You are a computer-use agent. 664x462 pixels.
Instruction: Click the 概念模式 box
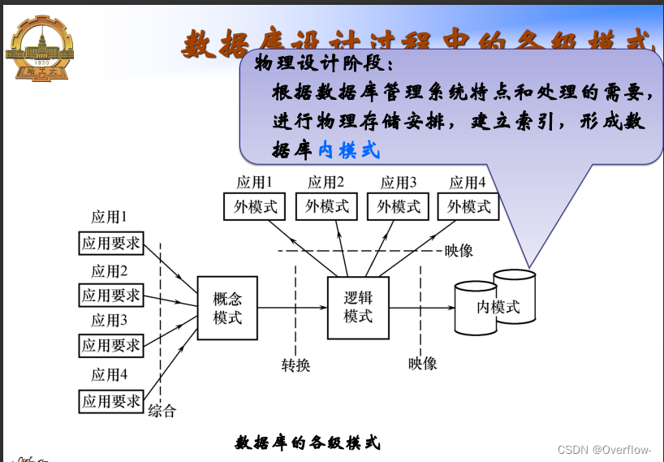pos(227,308)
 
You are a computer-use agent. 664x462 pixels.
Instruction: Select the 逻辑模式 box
pos(357,308)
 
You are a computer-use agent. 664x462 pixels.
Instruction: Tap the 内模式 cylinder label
pos(497,307)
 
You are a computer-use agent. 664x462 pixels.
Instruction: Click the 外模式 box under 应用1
pos(255,206)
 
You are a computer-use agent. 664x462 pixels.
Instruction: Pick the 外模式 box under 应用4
pos(468,206)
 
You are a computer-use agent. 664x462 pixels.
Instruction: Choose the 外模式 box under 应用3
pos(398,206)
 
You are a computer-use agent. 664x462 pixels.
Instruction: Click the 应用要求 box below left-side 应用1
pos(111,242)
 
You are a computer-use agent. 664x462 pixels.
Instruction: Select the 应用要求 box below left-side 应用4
pos(111,400)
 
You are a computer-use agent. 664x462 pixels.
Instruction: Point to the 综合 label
pos(162,411)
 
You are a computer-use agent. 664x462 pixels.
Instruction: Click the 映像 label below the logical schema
pos(422,363)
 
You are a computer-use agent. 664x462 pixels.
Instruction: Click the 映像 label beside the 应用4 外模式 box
pos(459,250)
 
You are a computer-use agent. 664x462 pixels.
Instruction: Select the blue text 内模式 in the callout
pos(348,149)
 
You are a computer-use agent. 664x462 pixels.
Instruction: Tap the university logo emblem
pos(37,48)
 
